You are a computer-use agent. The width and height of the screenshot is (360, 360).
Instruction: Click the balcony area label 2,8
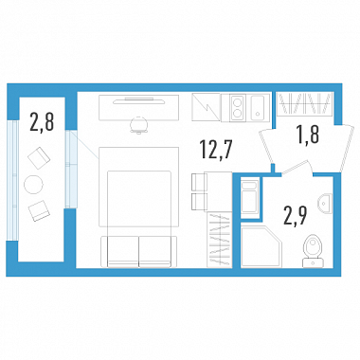(42, 122)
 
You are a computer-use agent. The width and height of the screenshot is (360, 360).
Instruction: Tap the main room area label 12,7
(216, 150)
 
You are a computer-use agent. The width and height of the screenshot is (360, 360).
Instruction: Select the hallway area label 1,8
(308, 135)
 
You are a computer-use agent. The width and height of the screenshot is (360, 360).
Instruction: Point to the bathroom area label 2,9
(296, 215)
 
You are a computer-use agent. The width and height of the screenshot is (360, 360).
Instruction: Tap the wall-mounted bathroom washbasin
(325, 203)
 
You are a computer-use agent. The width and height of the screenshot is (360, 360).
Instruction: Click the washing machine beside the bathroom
(250, 197)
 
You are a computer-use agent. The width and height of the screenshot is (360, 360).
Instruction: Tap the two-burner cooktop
(237, 107)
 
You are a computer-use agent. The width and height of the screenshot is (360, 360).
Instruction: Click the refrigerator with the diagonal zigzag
(206, 107)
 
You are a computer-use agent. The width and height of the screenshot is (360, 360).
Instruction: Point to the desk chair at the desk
(139, 125)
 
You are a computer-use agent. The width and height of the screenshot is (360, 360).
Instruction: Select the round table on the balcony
(33, 185)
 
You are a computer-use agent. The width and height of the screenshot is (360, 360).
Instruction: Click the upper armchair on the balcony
(39, 158)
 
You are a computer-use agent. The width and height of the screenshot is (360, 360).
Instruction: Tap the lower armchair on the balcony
(39, 210)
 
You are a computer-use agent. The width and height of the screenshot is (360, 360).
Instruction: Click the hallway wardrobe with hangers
(305, 104)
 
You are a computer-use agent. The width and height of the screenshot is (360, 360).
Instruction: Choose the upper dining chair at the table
(199, 182)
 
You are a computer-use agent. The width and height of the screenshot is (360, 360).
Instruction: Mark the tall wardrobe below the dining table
(220, 240)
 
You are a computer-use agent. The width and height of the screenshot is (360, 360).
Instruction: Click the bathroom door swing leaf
(295, 167)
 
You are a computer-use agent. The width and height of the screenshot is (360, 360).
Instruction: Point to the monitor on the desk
(139, 100)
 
